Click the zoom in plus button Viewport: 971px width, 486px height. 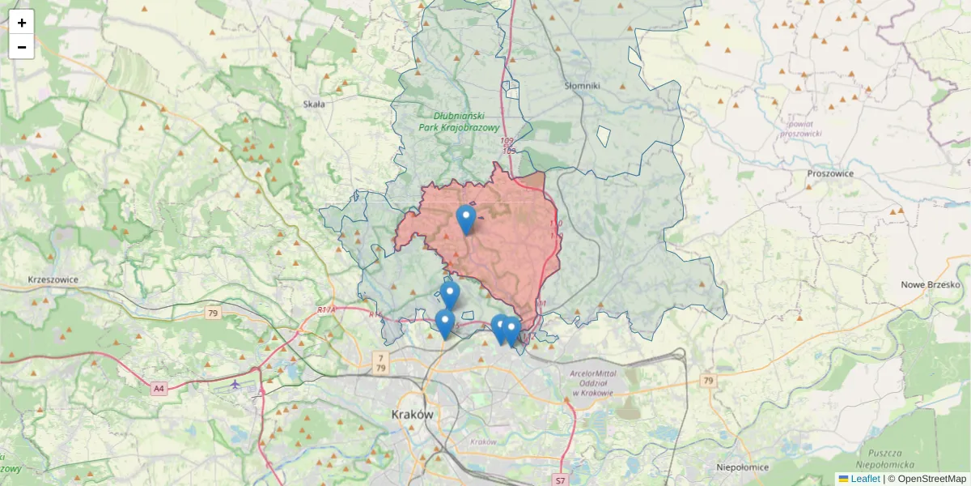pos(22,23)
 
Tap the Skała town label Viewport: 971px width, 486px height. pos(313,104)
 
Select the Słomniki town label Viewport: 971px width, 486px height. pos(582,85)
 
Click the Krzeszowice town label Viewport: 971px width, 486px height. pos(53,279)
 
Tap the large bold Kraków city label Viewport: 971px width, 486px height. pos(413,414)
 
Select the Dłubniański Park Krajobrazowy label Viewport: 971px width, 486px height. pos(459,122)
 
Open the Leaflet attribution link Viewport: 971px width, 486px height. pos(865,479)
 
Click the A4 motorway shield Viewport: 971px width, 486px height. pos(159,389)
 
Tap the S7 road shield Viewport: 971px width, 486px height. pos(561,480)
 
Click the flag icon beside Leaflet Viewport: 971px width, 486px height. pos(843,479)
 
